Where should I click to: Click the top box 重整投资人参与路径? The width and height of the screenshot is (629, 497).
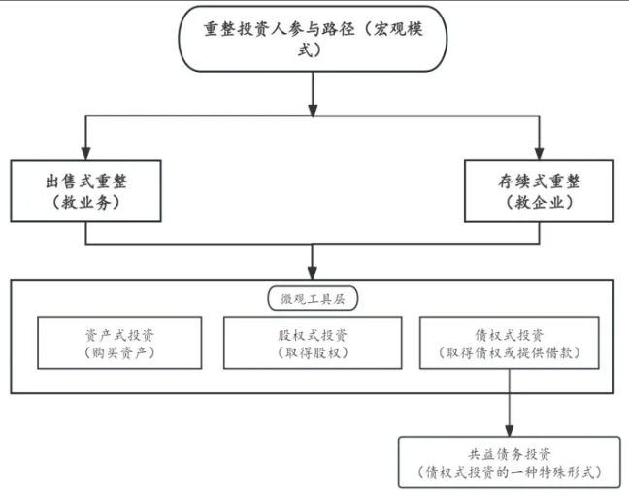pyautogui.click(x=313, y=40)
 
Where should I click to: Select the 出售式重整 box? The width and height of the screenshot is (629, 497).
pyautogui.click(x=86, y=191)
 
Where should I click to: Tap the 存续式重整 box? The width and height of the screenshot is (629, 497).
pyautogui.click(x=540, y=191)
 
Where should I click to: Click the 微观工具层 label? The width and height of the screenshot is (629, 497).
pyautogui.click(x=313, y=299)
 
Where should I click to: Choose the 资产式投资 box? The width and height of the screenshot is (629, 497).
pyautogui.click(x=119, y=343)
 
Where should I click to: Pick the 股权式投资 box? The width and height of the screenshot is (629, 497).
pyautogui.click(x=313, y=343)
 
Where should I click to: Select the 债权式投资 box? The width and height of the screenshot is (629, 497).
pyautogui.click(x=509, y=343)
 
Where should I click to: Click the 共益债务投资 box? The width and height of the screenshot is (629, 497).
pyautogui.click(x=510, y=462)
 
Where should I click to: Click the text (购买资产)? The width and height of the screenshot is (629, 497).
pyautogui.click(x=119, y=353)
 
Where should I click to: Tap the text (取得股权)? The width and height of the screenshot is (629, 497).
pyautogui.click(x=313, y=353)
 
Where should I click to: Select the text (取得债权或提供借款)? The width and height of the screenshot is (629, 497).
pyautogui.click(x=509, y=353)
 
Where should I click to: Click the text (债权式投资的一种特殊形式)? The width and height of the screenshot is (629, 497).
pyautogui.click(x=510, y=473)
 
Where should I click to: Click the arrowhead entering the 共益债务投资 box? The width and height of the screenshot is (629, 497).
pyautogui.click(x=510, y=430)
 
